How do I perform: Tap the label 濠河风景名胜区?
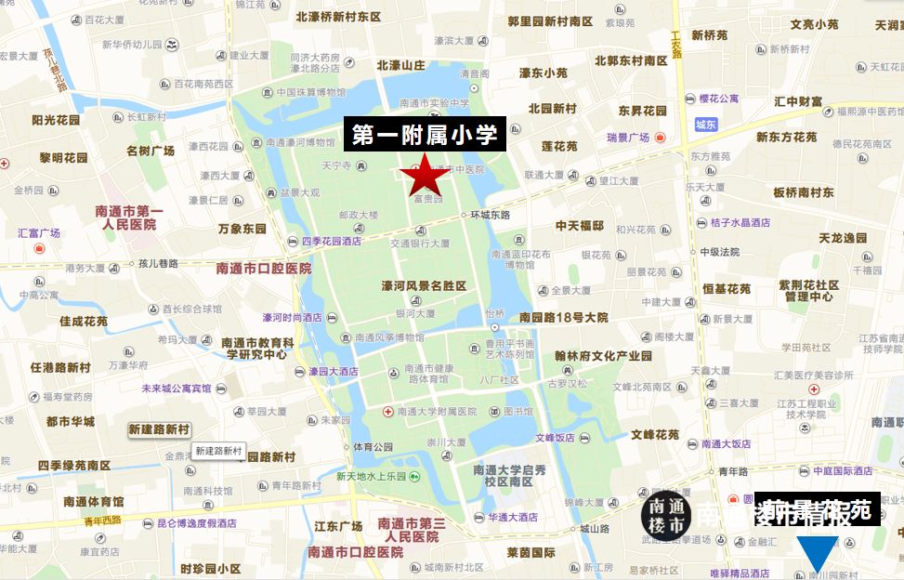424,286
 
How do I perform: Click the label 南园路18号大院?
564,317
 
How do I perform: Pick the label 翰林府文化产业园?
604,355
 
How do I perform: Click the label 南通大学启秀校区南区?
509,475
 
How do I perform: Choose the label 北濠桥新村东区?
338,17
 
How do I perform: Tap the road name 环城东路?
491,216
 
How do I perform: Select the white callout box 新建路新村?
218,452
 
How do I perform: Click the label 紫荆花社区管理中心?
808,291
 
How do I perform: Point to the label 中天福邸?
580,226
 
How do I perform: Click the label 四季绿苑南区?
74,465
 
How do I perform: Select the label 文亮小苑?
814,24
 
